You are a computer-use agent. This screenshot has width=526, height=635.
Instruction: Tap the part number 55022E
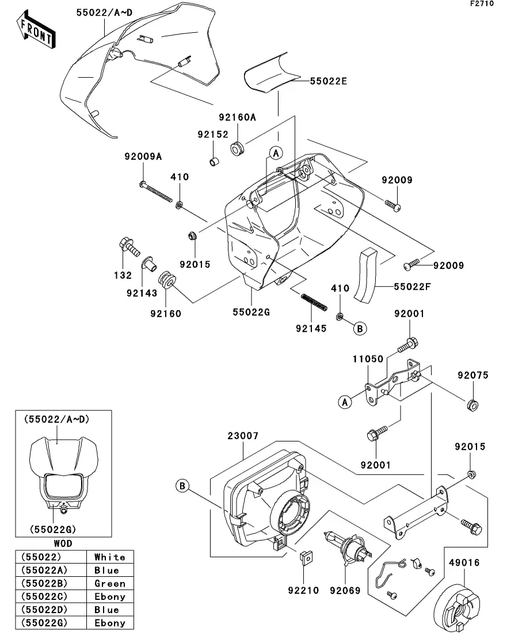click(329, 81)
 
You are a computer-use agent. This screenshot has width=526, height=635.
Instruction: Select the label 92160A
click(237, 117)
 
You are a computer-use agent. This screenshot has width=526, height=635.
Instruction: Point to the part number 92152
click(213, 134)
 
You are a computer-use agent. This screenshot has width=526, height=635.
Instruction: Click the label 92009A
click(142, 156)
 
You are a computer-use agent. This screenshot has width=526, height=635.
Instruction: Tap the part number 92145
click(311, 329)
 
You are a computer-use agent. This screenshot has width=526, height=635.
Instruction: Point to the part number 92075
click(473, 375)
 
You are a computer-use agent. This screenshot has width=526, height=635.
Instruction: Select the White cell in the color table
click(109, 557)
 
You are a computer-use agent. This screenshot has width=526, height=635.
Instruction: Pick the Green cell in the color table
click(109, 583)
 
